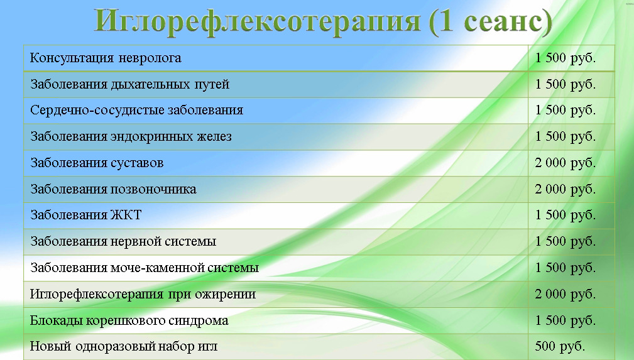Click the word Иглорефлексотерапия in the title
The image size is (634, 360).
pyautogui.click(x=257, y=21)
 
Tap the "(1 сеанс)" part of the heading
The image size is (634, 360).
pyautogui.click(x=490, y=21)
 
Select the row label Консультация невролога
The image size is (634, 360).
pyautogui.click(x=106, y=58)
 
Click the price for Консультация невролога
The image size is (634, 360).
pyautogui.click(x=566, y=58)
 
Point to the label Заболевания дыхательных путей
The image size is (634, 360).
pyautogui.click(x=130, y=85)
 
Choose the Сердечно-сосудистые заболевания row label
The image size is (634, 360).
pyautogui.click(x=137, y=111)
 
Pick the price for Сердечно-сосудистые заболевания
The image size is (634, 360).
pyautogui.click(x=566, y=111)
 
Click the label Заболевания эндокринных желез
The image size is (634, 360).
pyautogui.click(x=131, y=137)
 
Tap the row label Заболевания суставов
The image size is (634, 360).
pyautogui.click(x=97, y=163)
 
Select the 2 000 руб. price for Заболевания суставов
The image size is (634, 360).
pyautogui.click(x=566, y=163)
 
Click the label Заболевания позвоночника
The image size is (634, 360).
pyautogui.click(x=113, y=189)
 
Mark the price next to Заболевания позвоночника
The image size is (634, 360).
pyautogui.click(x=566, y=189)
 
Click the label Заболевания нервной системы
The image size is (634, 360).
pyautogui.click(x=123, y=241)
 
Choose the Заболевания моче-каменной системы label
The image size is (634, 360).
pyautogui.click(x=145, y=268)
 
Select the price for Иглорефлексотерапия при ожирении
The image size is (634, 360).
pyautogui.click(x=566, y=294)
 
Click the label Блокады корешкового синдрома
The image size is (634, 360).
pyautogui.click(x=129, y=321)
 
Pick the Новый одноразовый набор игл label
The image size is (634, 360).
pyautogui.click(x=124, y=347)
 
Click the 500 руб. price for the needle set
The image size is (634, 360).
pyautogui.click(x=560, y=346)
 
